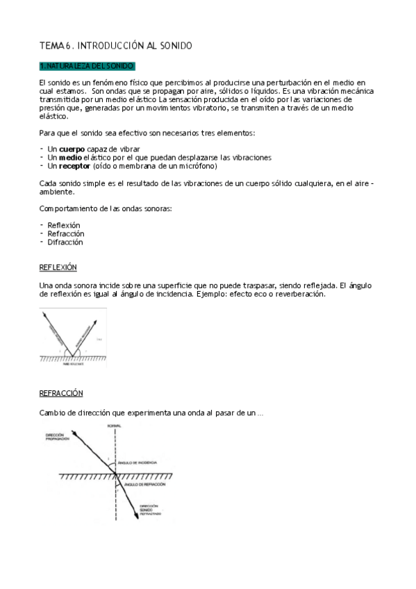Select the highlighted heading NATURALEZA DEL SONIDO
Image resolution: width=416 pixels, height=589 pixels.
coord(87,66)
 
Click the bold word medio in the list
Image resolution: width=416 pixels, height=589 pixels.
coord(72,158)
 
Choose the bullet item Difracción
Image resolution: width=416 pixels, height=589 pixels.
coord(65,242)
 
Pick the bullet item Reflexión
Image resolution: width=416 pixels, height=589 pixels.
coord(64,226)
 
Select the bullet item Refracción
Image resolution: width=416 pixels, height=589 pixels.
coord(65,234)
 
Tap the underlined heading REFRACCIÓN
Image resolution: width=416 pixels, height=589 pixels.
coord(61,393)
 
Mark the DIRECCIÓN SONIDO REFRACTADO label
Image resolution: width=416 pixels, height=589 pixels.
coord(150,511)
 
